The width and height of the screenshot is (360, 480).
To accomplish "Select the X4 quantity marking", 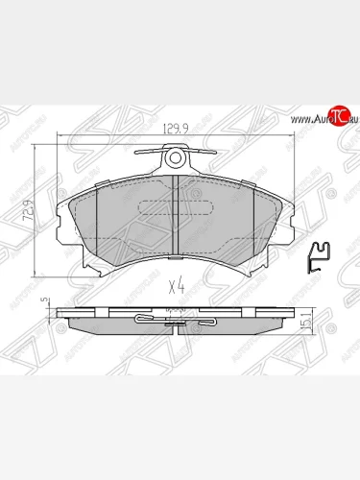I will pos(177,285).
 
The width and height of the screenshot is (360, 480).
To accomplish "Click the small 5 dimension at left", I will pos(44,300).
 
